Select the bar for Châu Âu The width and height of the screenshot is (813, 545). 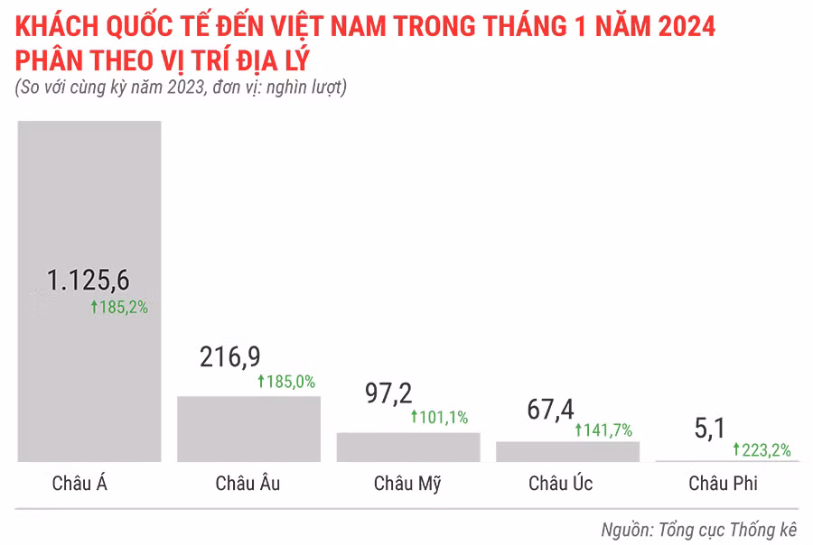248,429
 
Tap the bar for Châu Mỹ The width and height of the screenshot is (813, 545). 408,447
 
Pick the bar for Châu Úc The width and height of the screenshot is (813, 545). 567,451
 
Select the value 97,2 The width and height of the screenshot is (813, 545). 388,393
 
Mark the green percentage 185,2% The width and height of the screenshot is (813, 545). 119,308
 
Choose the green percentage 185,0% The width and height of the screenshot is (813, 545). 286,382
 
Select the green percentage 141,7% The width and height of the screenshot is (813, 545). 603,430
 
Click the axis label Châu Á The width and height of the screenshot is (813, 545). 80,484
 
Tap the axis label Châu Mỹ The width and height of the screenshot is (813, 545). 407,484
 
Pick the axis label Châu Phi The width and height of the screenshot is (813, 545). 723,484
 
